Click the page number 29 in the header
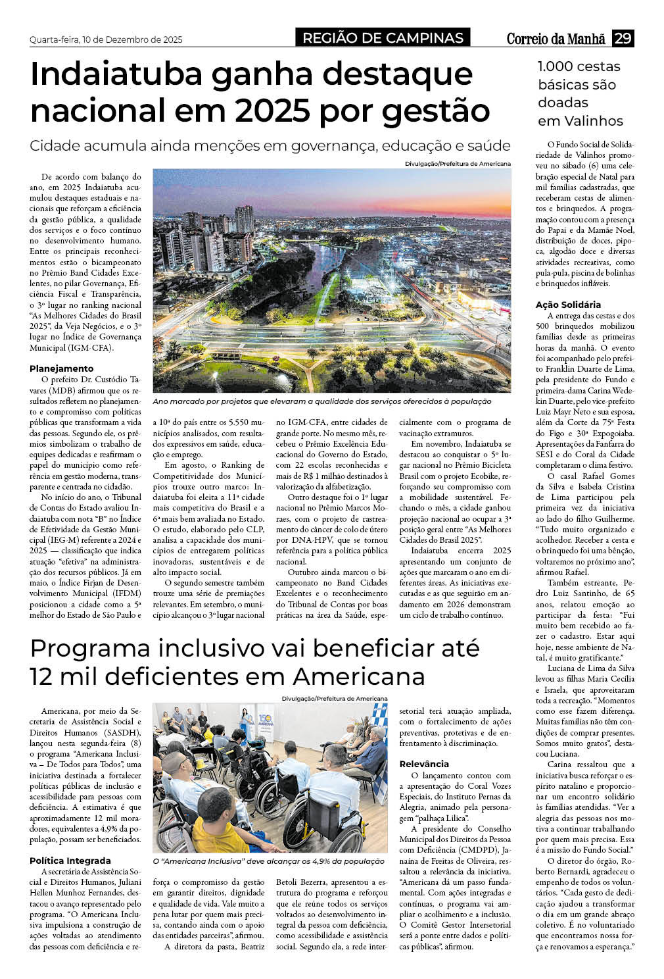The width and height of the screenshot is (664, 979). click(x=622, y=38)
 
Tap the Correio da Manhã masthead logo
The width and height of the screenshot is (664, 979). click(x=556, y=39)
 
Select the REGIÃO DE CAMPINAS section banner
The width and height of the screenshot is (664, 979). click(x=383, y=38)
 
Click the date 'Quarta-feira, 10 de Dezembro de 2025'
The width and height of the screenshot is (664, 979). click(x=106, y=39)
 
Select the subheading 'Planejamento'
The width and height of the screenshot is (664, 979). click(x=62, y=368)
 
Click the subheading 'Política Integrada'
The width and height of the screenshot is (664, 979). click(x=70, y=861)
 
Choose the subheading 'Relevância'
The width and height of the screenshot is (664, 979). click(x=424, y=764)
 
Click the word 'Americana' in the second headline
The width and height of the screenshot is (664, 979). click(x=359, y=676)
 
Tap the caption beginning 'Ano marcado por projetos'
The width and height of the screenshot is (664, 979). click(x=321, y=401)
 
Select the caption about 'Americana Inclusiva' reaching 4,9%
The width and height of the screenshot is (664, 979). click(x=268, y=861)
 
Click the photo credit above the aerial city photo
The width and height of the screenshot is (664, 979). click(x=458, y=163)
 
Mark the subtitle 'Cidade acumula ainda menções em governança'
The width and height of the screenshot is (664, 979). click(x=270, y=145)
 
